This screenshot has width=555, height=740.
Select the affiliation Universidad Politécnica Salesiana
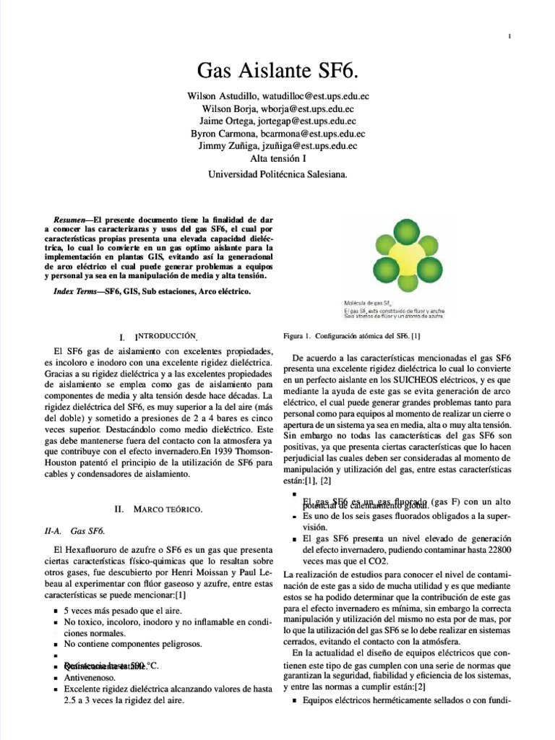click(x=277, y=174)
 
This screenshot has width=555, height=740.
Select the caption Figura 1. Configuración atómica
click(x=353, y=336)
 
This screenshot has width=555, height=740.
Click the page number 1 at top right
click(x=509, y=37)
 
